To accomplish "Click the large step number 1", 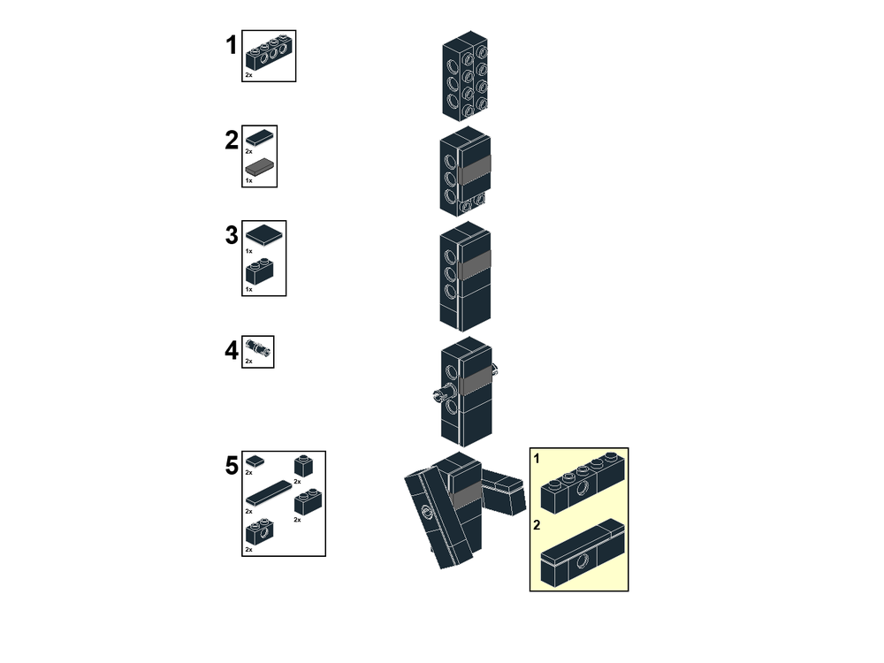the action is pyautogui.click(x=231, y=45).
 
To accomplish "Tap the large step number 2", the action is pyautogui.click(x=231, y=140).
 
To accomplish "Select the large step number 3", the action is pyautogui.click(x=231, y=235).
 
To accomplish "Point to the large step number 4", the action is pyautogui.click(x=231, y=351).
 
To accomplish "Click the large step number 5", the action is pyautogui.click(x=232, y=466).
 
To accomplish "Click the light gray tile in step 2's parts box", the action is pyautogui.click(x=260, y=166).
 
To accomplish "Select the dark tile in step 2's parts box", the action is pyautogui.click(x=260, y=137).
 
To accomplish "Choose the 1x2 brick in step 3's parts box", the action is pyautogui.click(x=260, y=271).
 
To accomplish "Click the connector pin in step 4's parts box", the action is pyautogui.click(x=258, y=347).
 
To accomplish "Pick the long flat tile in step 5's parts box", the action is pyautogui.click(x=269, y=493).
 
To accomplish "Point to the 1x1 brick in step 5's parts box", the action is pyautogui.click(x=304, y=466).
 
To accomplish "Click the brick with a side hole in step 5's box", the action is pyautogui.click(x=260, y=531).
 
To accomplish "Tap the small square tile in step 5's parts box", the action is pyautogui.click(x=255, y=461).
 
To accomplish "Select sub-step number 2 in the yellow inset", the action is pyautogui.click(x=537, y=525).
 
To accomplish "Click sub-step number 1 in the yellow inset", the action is pyautogui.click(x=537, y=459).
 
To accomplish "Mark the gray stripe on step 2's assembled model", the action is pyautogui.click(x=475, y=171).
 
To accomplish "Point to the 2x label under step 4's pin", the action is pyautogui.click(x=248, y=362).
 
